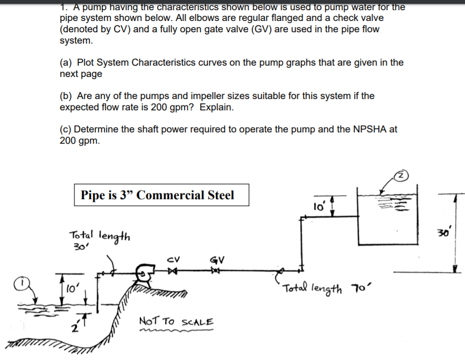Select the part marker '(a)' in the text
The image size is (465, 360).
point(67,62)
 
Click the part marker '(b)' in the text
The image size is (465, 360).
point(67,96)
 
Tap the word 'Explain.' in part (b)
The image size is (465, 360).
point(217,107)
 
